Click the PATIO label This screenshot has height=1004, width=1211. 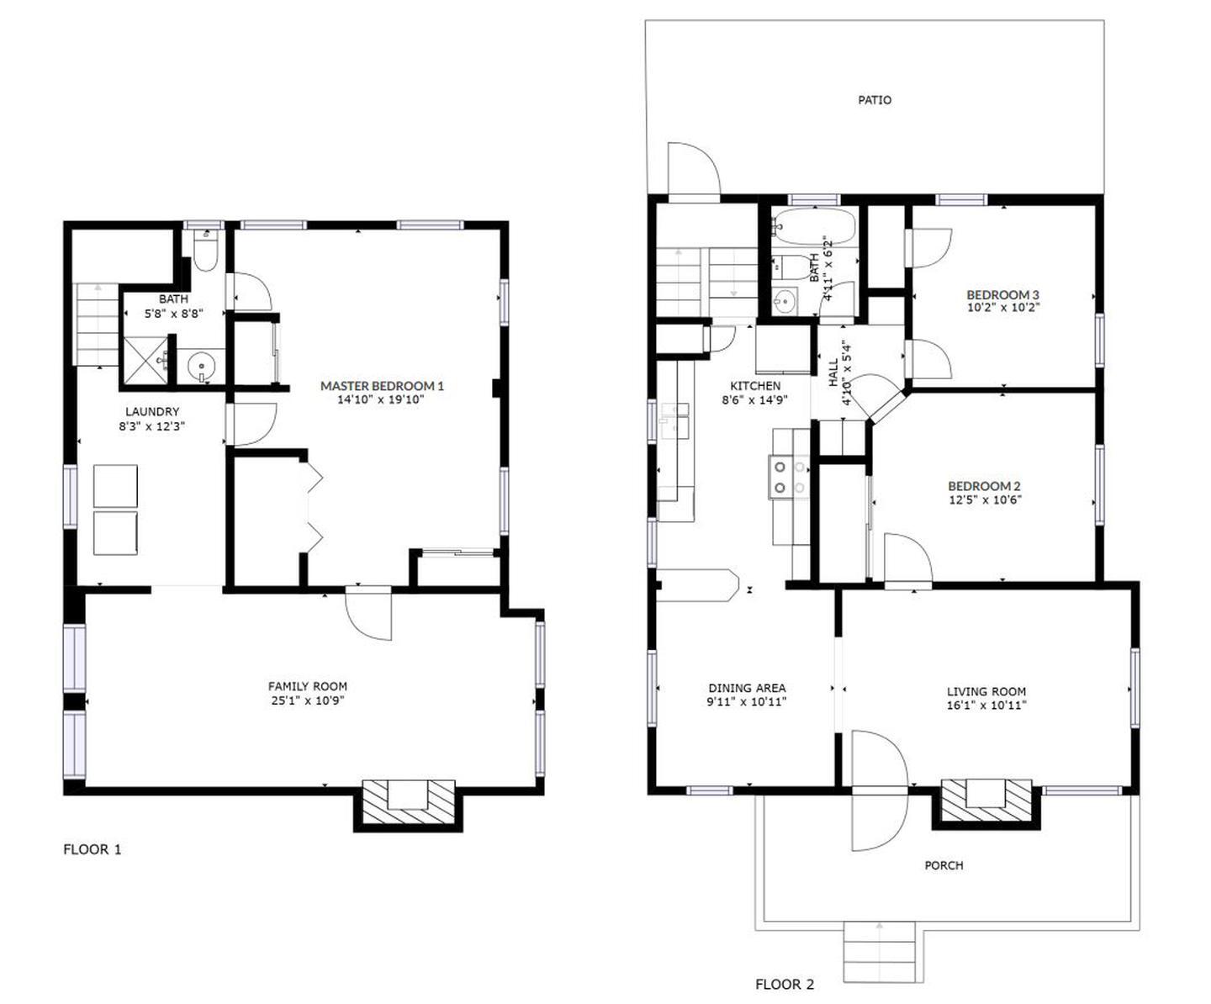click(875, 100)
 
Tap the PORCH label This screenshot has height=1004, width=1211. click(944, 865)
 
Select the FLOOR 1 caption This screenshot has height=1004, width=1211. click(93, 850)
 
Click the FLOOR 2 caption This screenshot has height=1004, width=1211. click(785, 985)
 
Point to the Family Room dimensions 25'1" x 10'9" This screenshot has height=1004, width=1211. click(308, 700)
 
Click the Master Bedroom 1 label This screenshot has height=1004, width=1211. click(382, 386)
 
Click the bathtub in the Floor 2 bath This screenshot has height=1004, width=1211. click(816, 227)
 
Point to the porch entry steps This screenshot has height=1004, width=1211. click(880, 950)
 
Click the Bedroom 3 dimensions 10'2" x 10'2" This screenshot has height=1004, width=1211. click(1002, 308)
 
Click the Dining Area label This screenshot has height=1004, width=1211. click(747, 689)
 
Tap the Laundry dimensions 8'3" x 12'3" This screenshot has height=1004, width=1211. click(152, 427)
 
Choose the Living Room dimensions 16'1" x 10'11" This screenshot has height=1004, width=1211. click(986, 705)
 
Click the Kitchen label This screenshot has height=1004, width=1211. click(755, 386)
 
